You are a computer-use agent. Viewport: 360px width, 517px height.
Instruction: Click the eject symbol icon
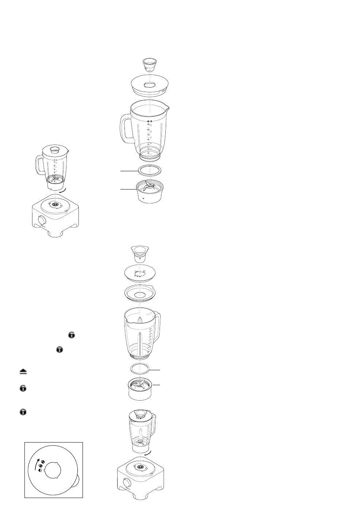tap(22, 371)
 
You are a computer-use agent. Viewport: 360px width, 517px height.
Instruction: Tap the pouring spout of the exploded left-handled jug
tap(166, 107)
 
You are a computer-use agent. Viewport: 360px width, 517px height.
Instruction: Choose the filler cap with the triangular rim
tap(140, 253)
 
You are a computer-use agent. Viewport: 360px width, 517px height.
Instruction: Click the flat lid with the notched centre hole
tap(141, 273)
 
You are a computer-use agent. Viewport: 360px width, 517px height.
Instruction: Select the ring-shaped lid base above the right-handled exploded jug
tap(141, 294)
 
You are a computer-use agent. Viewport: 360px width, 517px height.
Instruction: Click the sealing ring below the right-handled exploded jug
tap(140, 369)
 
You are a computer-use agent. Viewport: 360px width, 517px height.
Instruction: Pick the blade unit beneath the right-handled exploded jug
tap(141, 390)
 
